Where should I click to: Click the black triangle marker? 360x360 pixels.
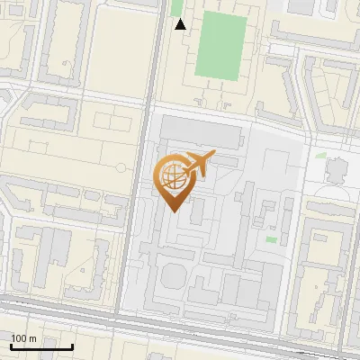[181, 24]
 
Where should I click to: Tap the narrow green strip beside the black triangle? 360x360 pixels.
[176, 8]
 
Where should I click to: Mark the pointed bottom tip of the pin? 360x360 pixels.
[174, 211]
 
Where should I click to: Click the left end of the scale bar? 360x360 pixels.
[11, 346]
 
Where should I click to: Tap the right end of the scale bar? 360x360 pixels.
[72, 346]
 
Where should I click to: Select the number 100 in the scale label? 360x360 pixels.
[19, 337]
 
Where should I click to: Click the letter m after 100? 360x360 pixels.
[32, 337]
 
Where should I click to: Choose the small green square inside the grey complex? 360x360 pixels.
[271, 239]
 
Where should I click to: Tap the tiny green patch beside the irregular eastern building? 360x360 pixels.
[321, 155]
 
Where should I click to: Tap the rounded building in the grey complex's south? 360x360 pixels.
[171, 270]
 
